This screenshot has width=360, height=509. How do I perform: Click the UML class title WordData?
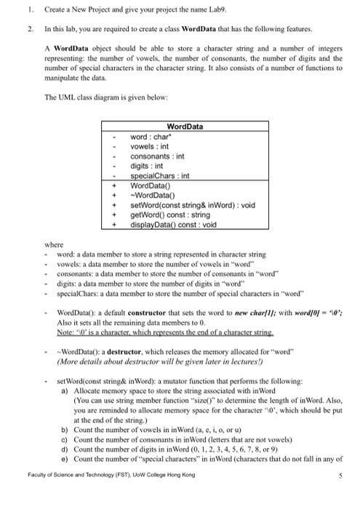pos(185,127)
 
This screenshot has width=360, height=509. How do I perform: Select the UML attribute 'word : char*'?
pos(150,137)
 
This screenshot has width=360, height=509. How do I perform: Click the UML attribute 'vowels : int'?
pos(150,146)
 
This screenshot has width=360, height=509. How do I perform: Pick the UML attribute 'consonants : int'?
pos(156,156)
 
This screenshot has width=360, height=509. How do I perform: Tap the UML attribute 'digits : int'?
pos(148,166)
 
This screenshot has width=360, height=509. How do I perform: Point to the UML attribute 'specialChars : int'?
pos(159,176)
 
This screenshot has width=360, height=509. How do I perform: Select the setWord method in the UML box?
pos(192,205)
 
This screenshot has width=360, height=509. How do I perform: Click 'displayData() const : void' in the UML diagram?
pos(173,225)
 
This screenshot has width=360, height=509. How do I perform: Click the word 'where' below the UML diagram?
pos(55,245)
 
